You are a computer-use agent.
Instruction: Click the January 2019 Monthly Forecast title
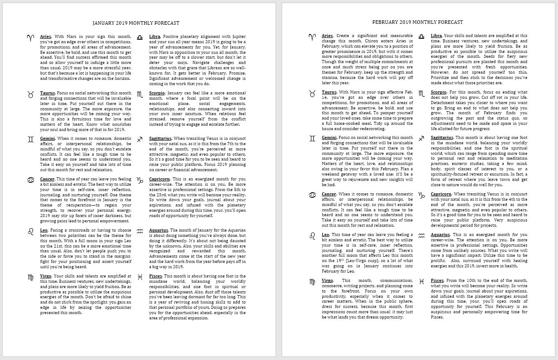coord(136,23)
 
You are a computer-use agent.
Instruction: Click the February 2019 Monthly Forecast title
coord(418,22)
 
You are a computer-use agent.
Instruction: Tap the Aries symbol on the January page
coord(31,38)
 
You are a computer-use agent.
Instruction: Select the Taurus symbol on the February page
coord(312,94)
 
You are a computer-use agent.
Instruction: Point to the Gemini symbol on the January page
coord(31,140)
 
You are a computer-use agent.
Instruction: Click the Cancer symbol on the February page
coord(312,195)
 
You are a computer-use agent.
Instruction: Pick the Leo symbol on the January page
coord(31,231)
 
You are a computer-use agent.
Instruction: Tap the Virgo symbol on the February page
coord(312,281)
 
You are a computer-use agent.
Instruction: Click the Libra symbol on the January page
coord(140,38)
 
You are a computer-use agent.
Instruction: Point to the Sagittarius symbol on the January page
coord(140,139)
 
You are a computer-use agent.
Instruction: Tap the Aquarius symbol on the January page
coord(140,231)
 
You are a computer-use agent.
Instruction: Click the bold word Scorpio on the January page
coord(158,93)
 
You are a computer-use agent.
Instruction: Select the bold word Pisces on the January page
coord(156,276)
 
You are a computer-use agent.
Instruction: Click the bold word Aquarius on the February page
coord(441,234)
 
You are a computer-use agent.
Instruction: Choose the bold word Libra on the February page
coord(436,36)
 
